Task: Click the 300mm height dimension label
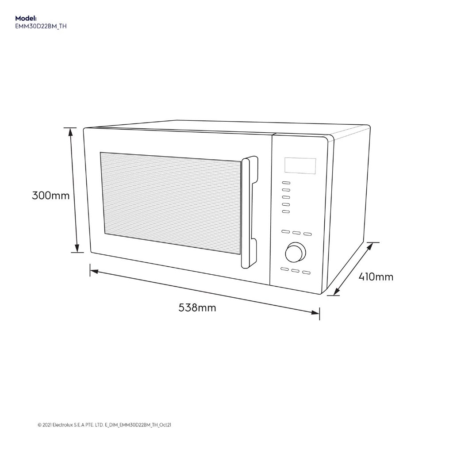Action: coord(50,196)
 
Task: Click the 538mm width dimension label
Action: coord(197,307)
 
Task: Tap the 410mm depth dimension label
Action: coord(376,277)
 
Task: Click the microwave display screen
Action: coord(300,166)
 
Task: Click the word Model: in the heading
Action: coord(26,18)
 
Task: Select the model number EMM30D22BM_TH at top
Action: coord(41,26)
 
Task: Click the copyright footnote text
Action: coord(104,425)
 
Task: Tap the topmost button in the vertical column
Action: coord(286,183)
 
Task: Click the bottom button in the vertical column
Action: coord(286,212)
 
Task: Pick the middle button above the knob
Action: coord(296,233)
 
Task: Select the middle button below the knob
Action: coord(295,271)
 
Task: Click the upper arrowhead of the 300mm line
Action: coord(70,132)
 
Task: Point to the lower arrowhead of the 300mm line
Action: coord(77,248)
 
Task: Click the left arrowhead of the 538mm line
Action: coord(94,272)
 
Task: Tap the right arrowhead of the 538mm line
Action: coord(315,313)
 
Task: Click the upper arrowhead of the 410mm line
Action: coord(369,246)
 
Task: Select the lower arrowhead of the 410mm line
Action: coord(337,291)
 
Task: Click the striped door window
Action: coord(170,203)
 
